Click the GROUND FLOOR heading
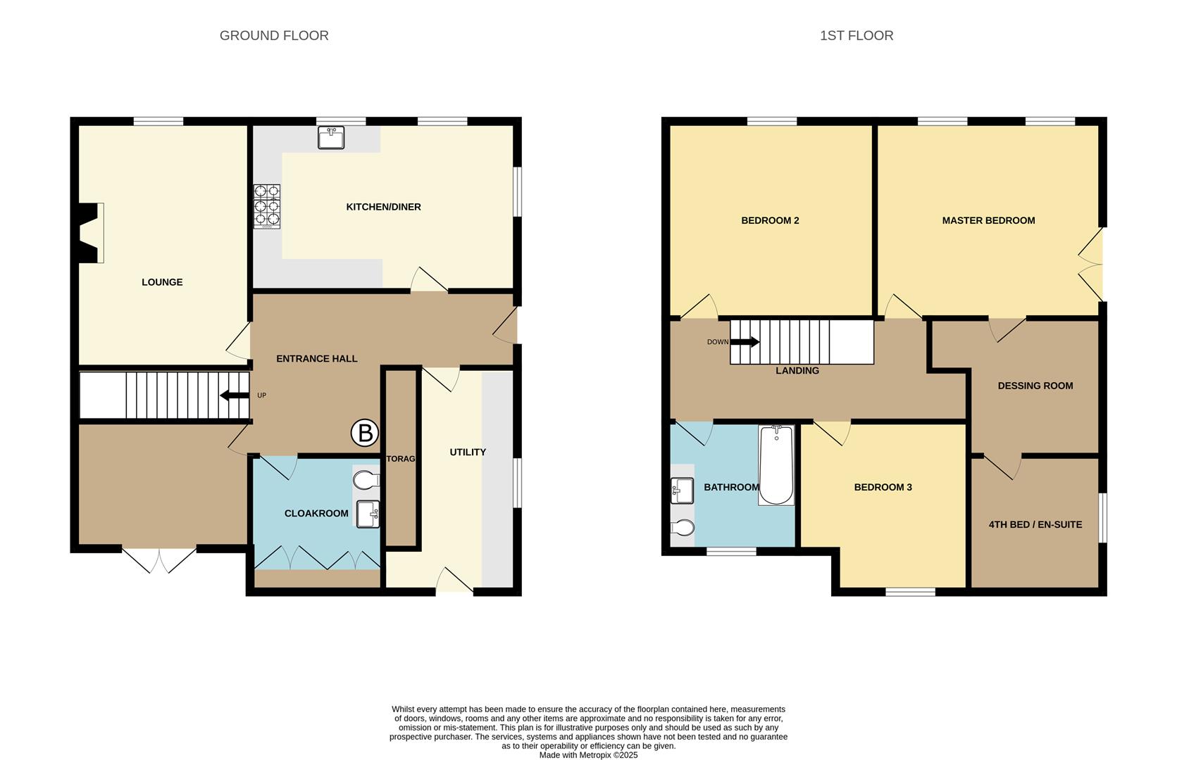(274, 36)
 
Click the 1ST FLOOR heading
(856, 36)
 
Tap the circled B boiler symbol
(365, 433)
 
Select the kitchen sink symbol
(330, 137)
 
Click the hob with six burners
(267, 206)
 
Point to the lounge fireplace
(90, 233)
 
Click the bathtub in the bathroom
(776, 465)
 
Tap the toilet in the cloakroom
(366, 481)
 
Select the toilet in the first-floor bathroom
(683, 528)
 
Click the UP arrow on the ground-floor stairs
(235, 395)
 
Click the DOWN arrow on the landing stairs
(745, 342)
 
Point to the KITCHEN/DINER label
(383, 207)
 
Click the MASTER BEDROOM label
(988, 220)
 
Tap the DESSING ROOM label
(1035, 386)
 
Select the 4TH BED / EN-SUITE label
(1035, 524)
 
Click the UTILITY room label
(468, 452)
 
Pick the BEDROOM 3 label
(883, 487)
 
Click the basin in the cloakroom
(368, 514)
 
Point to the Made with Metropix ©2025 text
(588, 755)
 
